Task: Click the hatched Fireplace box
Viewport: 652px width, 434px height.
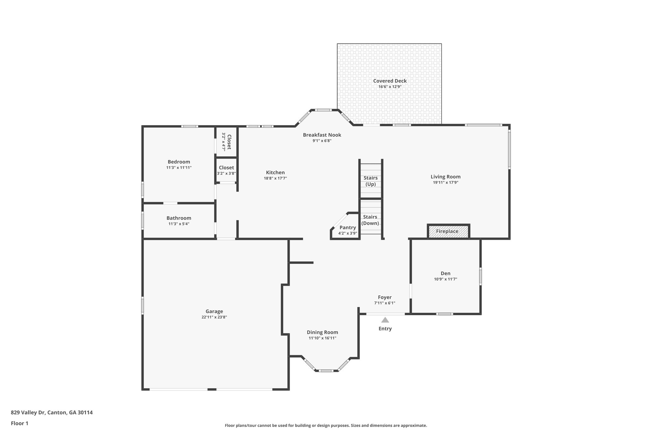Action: (x=448, y=231)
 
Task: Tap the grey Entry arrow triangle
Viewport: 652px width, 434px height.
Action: (x=385, y=320)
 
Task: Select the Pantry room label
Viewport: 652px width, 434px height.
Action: (x=348, y=227)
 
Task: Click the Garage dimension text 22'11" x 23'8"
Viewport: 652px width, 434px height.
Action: (x=214, y=317)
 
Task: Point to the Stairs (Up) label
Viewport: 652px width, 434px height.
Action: (x=371, y=181)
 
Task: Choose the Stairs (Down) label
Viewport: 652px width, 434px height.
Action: (x=370, y=220)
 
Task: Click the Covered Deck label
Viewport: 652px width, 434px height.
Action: (x=390, y=81)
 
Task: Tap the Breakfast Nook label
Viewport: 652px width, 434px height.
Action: (x=322, y=135)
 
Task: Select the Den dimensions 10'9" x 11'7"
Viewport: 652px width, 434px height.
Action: (x=445, y=279)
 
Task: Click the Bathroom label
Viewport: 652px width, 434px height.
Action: (x=179, y=218)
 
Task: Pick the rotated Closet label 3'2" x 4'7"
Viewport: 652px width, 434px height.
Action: (x=226, y=142)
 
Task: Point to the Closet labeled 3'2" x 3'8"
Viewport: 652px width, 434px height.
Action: (x=226, y=168)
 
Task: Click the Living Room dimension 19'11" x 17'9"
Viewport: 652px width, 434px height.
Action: (x=445, y=183)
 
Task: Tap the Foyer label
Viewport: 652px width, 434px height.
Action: (x=385, y=297)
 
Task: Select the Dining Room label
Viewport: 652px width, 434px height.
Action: (x=322, y=332)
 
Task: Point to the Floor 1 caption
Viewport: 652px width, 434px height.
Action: (x=20, y=423)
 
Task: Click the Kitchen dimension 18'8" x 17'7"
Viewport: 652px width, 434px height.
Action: (x=275, y=178)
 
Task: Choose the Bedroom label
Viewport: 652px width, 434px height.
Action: (x=179, y=162)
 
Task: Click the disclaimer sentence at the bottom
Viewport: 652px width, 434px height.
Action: (x=326, y=425)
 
